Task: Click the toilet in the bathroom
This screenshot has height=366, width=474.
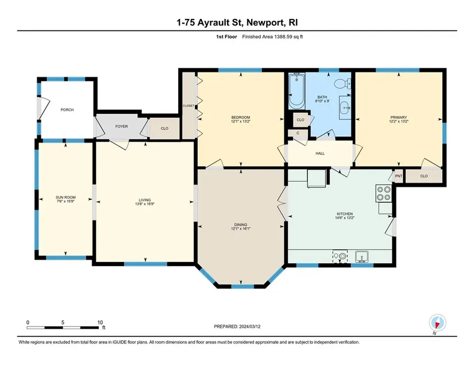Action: pos(343,83)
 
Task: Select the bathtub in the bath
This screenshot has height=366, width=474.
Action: pos(296,91)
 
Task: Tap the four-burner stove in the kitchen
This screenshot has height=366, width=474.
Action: pos(383,194)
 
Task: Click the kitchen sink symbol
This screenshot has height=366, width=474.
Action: pos(361,257)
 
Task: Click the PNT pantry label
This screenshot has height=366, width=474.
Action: pos(398,176)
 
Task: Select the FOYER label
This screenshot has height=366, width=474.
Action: pos(122,126)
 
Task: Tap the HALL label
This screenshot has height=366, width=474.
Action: pos(320,153)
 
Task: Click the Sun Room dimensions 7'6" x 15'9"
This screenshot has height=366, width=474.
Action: pos(65,201)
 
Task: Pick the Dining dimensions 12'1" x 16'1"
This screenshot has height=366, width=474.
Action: pos(241,229)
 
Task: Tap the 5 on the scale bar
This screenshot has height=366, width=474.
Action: pos(63,322)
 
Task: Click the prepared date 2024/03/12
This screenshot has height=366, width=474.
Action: pos(250,326)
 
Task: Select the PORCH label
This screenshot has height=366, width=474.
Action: pos(67,110)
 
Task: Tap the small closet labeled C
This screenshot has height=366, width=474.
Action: pos(298,133)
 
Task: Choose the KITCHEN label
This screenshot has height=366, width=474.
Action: pos(345,214)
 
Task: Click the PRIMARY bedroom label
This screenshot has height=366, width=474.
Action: pos(399,117)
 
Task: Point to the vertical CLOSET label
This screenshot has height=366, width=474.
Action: pos(188,106)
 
